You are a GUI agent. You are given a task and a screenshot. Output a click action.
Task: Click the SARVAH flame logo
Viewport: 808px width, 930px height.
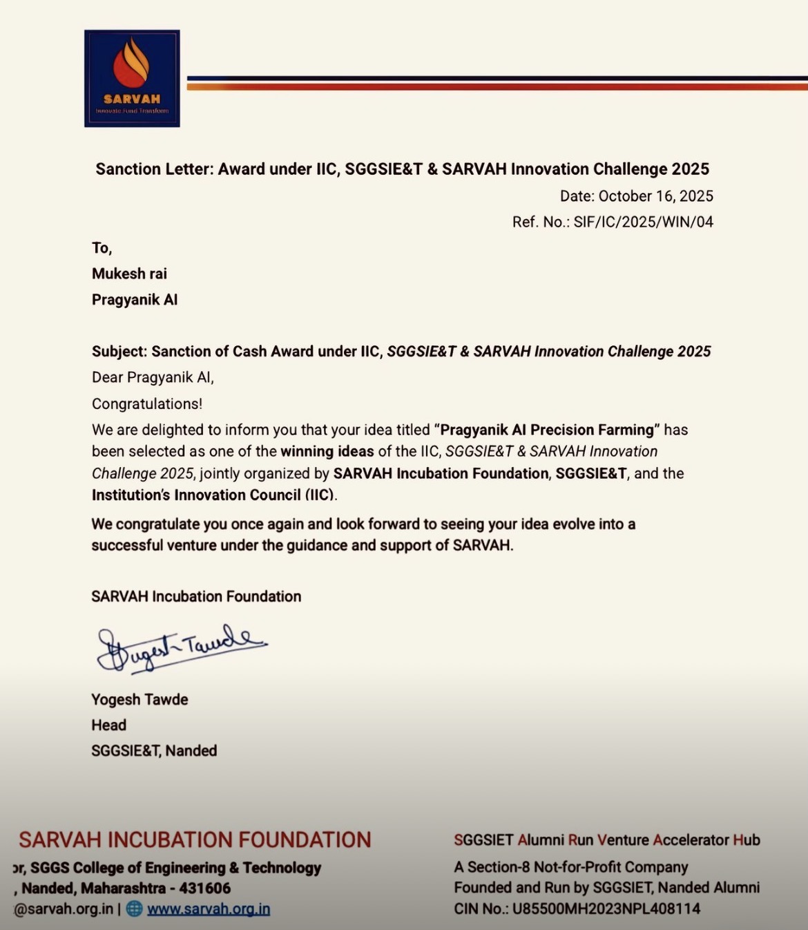pyautogui.click(x=132, y=78)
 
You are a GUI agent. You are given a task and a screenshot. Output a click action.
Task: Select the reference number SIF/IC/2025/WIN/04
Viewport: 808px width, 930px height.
pyautogui.click(x=643, y=222)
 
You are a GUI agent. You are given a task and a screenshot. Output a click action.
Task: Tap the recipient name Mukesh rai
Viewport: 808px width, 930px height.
pyautogui.click(x=129, y=274)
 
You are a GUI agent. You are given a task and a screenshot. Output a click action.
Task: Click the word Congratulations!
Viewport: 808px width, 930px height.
pyautogui.click(x=147, y=404)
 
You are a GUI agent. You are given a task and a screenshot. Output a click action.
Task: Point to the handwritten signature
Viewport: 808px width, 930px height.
pyautogui.click(x=181, y=647)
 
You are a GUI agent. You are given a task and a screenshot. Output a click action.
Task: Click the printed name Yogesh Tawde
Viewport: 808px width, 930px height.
pyautogui.click(x=140, y=699)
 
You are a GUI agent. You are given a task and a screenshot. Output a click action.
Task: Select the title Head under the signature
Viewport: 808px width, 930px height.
pyautogui.click(x=108, y=725)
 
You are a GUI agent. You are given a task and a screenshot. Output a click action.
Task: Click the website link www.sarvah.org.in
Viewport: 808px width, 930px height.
pyautogui.click(x=209, y=909)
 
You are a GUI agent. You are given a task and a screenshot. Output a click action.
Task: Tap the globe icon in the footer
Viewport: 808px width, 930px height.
pyautogui.click(x=135, y=909)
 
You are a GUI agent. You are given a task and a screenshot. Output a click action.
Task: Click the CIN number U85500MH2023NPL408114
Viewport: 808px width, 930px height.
pyautogui.click(x=606, y=909)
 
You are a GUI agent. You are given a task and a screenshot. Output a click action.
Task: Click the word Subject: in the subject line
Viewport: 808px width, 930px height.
pyautogui.click(x=119, y=351)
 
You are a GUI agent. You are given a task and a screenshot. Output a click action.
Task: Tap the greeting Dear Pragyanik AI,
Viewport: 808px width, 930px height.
pyautogui.click(x=153, y=377)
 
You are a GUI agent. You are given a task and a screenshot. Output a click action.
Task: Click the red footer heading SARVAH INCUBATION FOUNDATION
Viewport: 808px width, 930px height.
pyautogui.click(x=195, y=839)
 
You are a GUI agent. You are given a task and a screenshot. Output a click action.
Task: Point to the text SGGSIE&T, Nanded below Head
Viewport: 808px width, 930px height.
pyautogui.click(x=154, y=750)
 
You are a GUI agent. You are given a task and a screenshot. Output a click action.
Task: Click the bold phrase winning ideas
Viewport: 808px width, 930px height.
pyautogui.click(x=327, y=451)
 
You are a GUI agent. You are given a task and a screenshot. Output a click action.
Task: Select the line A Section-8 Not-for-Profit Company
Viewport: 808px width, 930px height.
pyautogui.click(x=570, y=866)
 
